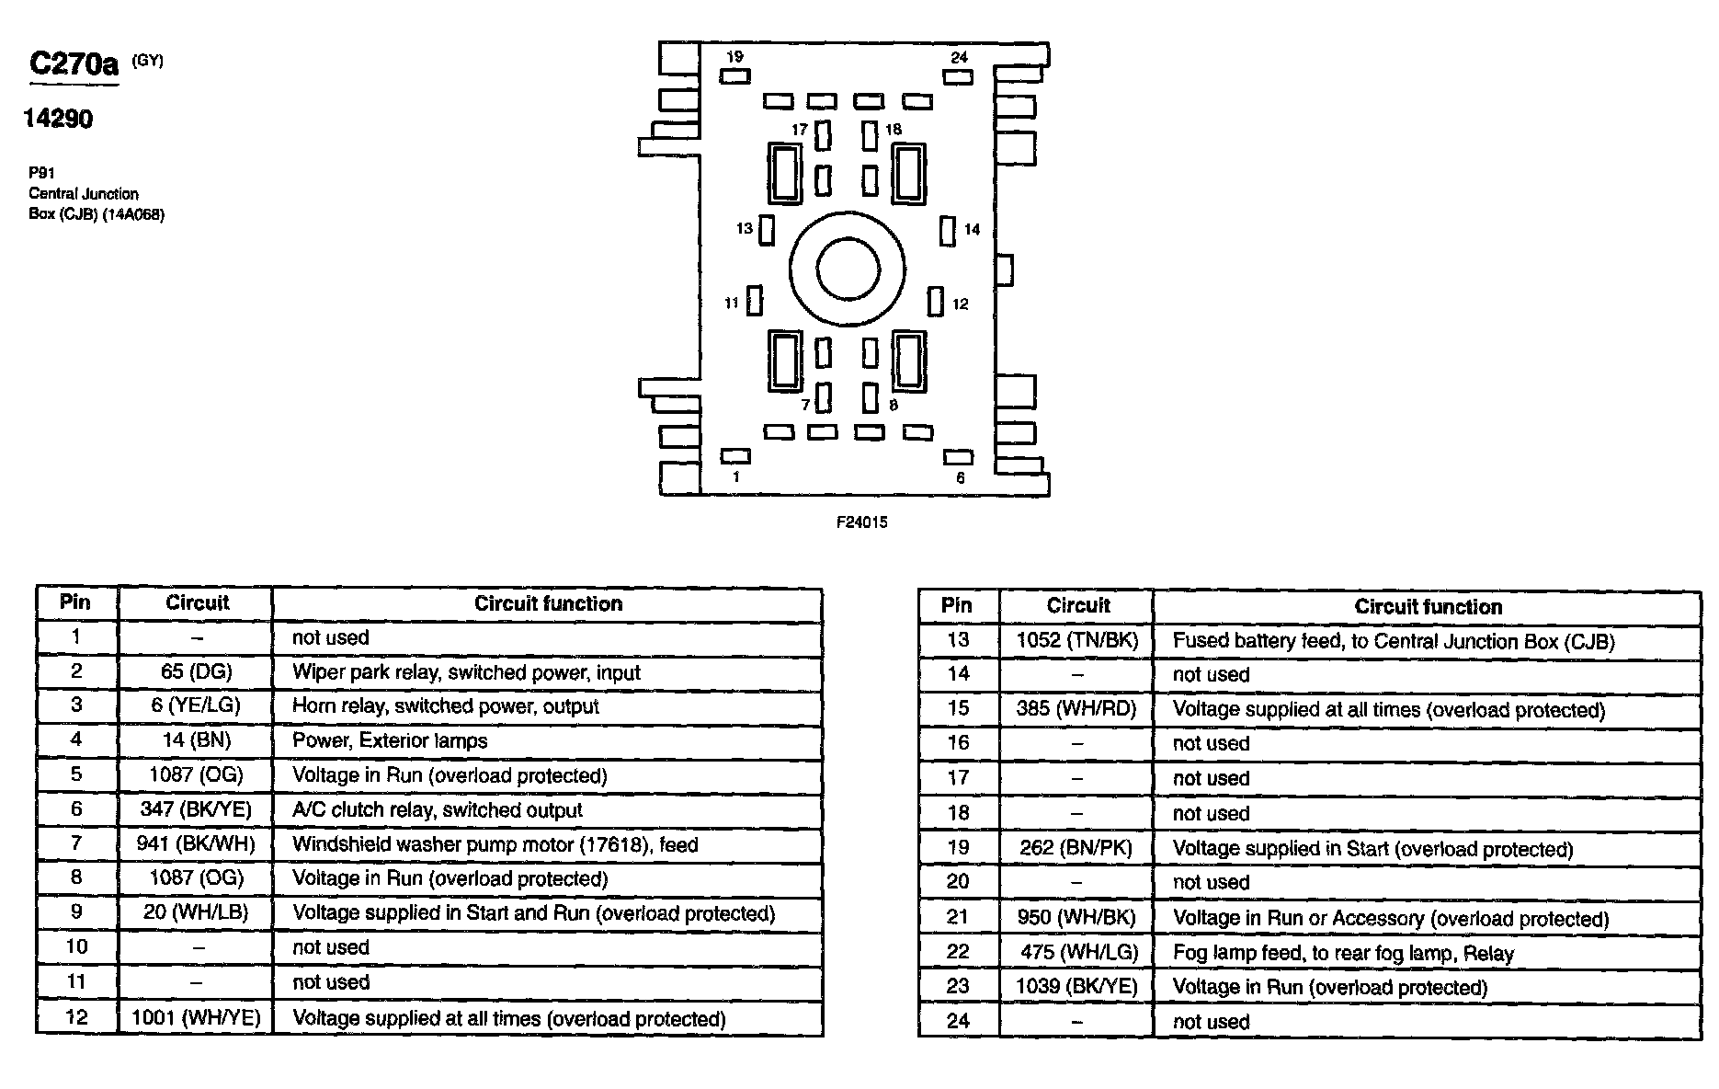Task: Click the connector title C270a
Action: pos(74,63)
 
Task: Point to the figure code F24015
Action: pos(861,522)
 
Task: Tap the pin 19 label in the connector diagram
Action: pos(734,57)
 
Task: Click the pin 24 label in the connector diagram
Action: pos(959,57)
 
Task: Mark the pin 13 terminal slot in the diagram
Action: pos(767,229)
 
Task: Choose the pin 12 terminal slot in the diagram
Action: pos(936,302)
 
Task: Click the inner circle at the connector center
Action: pos(848,269)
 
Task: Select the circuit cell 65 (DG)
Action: pos(196,671)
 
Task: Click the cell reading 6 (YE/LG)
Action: pos(196,705)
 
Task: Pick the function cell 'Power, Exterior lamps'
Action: pos(390,740)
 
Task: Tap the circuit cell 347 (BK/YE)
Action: pos(196,809)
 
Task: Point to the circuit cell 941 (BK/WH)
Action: pos(196,843)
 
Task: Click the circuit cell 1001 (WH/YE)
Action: pos(196,1017)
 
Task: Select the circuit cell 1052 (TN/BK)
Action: pos(1076,640)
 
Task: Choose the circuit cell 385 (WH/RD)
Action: pos(1076,709)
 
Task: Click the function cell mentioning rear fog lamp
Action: pos(1342,953)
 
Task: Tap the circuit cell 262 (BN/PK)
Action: pos(1076,848)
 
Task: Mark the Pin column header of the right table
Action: pos(957,606)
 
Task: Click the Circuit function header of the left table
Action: pos(548,603)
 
